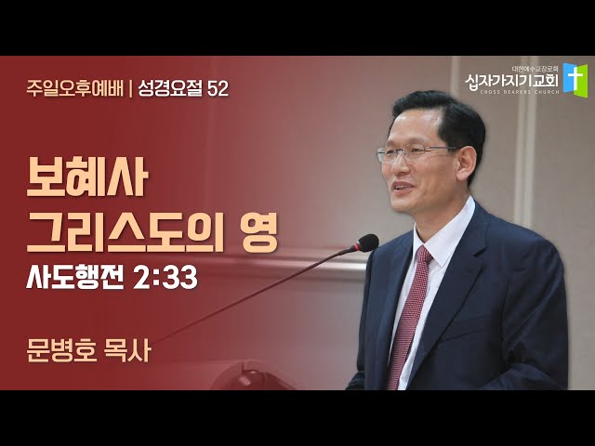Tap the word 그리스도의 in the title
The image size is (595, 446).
point(126,233)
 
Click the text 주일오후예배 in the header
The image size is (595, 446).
point(75,89)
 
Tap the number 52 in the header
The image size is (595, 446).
point(218,89)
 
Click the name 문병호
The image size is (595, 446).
point(62,350)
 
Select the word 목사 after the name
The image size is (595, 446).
point(127,350)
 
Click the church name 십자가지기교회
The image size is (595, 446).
point(512,81)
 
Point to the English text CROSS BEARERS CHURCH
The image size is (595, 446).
point(520,92)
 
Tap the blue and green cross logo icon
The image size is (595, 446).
point(575,80)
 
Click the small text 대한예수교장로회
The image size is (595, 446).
point(535,70)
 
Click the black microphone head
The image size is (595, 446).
point(366,243)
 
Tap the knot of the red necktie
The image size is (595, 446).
point(424,256)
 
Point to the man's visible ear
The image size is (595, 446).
point(466,164)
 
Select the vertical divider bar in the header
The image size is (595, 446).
point(131,89)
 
